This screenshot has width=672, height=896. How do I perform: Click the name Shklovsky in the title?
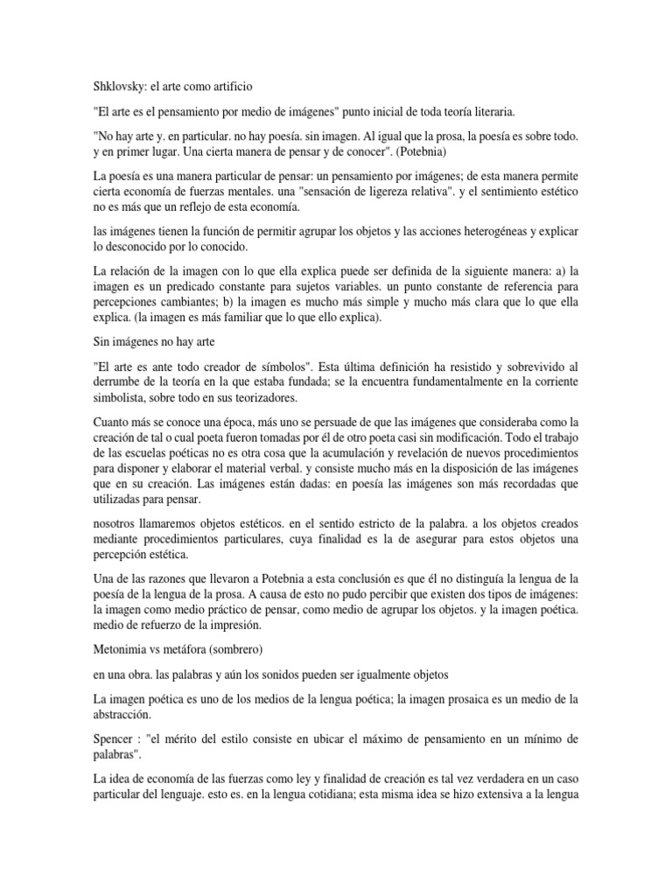pyautogui.click(x=121, y=87)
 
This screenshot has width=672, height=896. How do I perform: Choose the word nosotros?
pyautogui.click(x=117, y=522)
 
